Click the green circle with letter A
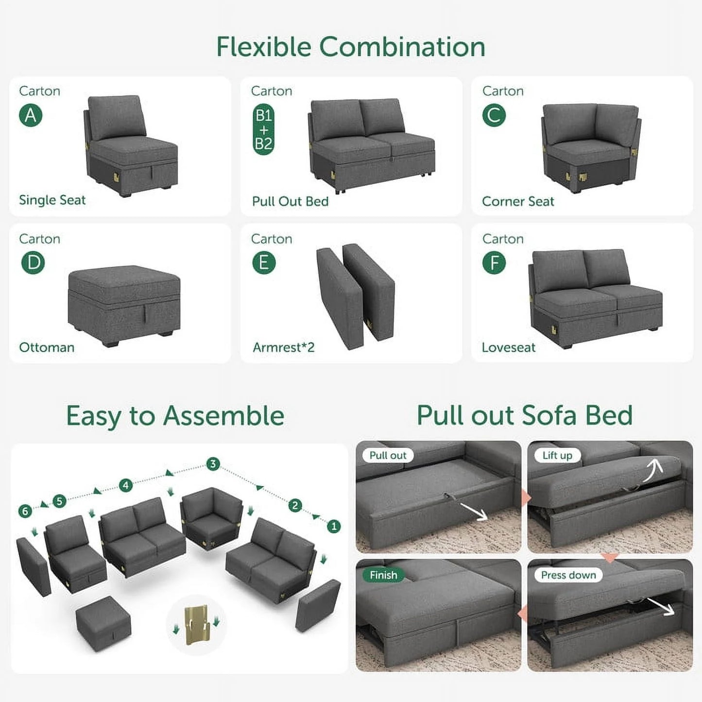coord(31,116)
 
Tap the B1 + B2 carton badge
coord(263,130)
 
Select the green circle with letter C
coord(494,116)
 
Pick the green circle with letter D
coord(33,263)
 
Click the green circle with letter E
coord(264,263)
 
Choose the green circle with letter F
coord(494,263)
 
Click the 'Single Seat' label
coord(52,200)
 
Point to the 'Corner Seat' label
coord(518,202)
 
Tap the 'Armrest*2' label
coord(284,348)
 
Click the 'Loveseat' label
coord(509,348)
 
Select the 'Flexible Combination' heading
coord(350,47)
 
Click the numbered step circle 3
coord(213,464)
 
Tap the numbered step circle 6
coord(25,511)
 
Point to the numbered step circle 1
coord(334,526)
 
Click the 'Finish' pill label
coord(383,575)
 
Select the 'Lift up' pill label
coord(557,456)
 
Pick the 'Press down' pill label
coord(568,575)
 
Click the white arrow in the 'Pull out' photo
coord(475,512)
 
